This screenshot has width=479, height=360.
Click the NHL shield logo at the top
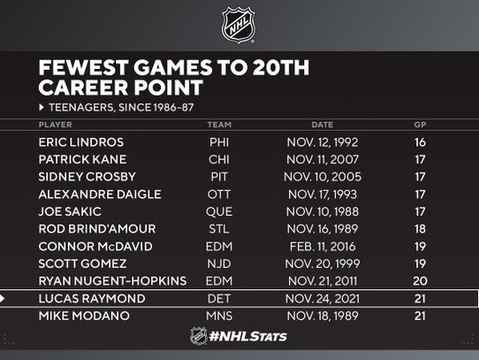[239, 25]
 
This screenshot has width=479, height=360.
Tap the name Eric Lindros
[81, 142]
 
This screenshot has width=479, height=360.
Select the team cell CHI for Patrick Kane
[219, 159]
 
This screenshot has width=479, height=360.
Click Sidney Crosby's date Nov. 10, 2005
[323, 177]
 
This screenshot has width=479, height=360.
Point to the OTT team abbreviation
[219, 195]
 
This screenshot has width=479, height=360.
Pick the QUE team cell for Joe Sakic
[219, 211]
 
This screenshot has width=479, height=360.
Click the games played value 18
[420, 229]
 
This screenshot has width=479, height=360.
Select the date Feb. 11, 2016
[323, 247]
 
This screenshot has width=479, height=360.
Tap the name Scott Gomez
[82, 264]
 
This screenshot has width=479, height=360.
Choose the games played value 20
[420, 280]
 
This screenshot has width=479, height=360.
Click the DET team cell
[219, 298]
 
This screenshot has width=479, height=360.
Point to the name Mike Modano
[84, 316]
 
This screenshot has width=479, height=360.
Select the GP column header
[420, 125]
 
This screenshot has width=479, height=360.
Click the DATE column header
[323, 125]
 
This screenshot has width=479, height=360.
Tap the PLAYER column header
[56, 125]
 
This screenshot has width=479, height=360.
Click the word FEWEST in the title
[83, 67]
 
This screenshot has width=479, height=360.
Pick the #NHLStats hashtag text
[248, 336]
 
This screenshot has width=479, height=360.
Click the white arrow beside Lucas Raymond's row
[2, 298]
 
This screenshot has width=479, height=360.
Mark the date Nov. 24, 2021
[323, 298]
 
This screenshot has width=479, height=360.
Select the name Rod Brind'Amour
[97, 229]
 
